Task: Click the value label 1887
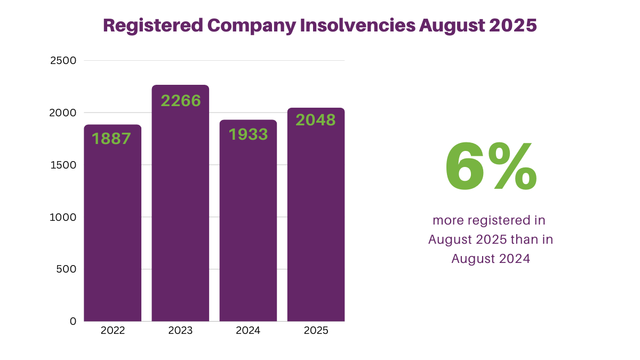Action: click(x=111, y=139)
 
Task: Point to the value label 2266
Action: click(x=181, y=101)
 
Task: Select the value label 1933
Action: click(x=249, y=134)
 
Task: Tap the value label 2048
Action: click(x=316, y=120)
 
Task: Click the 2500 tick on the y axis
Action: click(x=63, y=61)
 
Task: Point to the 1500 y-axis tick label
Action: click(x=63, y=165)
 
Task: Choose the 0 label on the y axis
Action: click(x=73, y=321)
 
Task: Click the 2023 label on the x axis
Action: click(x=180, y=331)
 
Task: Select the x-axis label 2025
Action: click(x=316, y=331)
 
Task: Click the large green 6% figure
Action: click(x=491, y=167)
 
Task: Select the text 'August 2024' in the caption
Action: click(x=491, y=259)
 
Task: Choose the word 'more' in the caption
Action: click(x=447, y=220)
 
